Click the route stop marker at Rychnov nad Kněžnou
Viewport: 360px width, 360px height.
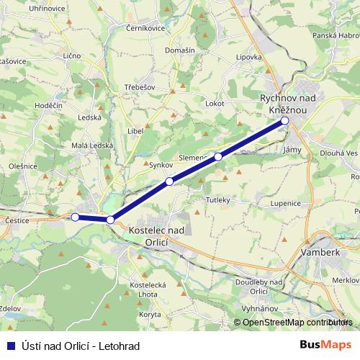(x=285, y=120)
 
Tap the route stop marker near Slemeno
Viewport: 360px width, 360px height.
(x=218, y=156)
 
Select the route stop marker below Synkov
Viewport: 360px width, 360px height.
(x=169, y=181)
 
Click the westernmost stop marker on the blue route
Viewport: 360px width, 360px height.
(x=75, y=217)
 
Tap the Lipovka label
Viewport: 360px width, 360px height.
(x=249, y=56)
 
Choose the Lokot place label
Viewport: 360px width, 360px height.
(x=215, y=103)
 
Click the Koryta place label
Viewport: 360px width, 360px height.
(x=150, y=314)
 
